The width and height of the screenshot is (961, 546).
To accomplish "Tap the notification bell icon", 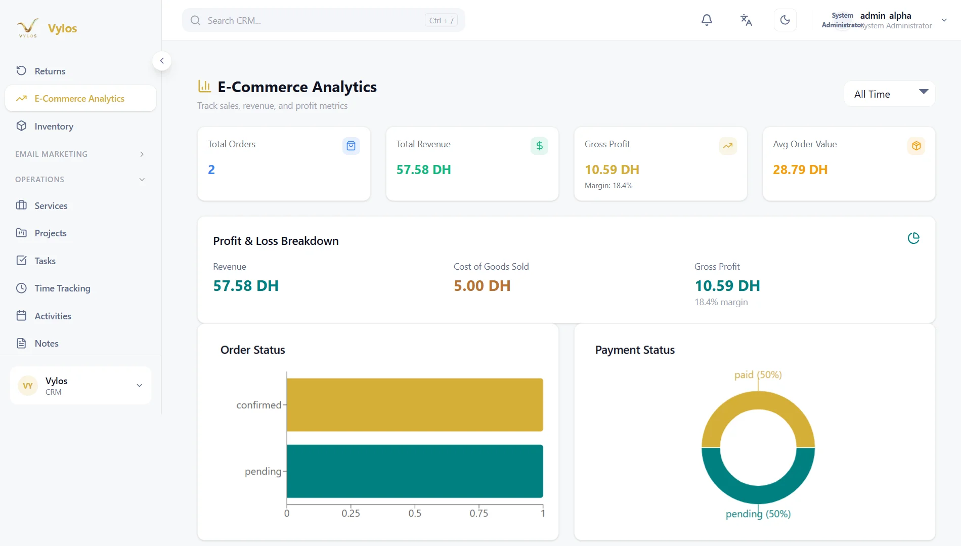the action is (707, 20).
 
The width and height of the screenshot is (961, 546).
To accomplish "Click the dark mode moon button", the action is (785, 20).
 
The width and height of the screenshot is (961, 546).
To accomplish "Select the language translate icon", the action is (746, 20).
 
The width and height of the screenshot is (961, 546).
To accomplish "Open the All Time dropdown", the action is (889, 94).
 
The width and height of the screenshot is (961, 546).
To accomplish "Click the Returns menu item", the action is (50, 71).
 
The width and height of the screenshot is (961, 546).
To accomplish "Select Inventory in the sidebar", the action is (54, 127).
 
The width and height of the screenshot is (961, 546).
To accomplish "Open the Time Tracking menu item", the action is (62, 288).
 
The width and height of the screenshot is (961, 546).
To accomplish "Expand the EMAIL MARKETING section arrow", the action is (142, 154).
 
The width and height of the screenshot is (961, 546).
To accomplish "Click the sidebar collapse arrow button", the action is (162, 61).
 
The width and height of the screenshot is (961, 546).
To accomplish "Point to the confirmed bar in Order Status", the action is (415, 405).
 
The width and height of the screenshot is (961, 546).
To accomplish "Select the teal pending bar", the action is (415, 471).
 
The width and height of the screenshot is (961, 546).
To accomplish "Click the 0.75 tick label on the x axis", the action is (478, 513).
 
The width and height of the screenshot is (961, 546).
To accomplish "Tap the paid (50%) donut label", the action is (758, 375).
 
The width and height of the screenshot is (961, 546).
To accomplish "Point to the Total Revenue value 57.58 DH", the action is (423, 170).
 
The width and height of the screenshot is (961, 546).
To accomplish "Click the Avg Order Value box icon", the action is (916, 146).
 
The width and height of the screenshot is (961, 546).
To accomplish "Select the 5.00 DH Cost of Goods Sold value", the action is (482, 286).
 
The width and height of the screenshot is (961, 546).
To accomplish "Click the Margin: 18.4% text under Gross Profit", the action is (608, 186).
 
